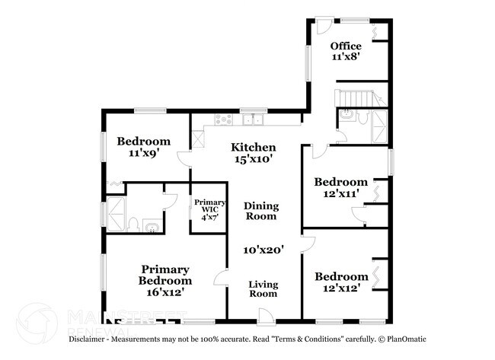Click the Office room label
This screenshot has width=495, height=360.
point(346,46)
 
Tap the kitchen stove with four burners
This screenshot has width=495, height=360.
point(224,119)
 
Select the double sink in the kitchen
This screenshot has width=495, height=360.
point(252,119)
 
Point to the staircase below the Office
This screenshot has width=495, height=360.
point(355,98)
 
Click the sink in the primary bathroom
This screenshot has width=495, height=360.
point(152,226)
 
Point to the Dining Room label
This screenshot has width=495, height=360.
point(261,211)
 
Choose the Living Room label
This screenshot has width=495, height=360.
point(264,289)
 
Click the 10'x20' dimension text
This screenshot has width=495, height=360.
point(263,249)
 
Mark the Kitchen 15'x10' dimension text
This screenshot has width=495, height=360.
point(253,159)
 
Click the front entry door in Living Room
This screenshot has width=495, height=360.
point(265,314)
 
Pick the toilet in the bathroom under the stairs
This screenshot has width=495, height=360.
point(347,116)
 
